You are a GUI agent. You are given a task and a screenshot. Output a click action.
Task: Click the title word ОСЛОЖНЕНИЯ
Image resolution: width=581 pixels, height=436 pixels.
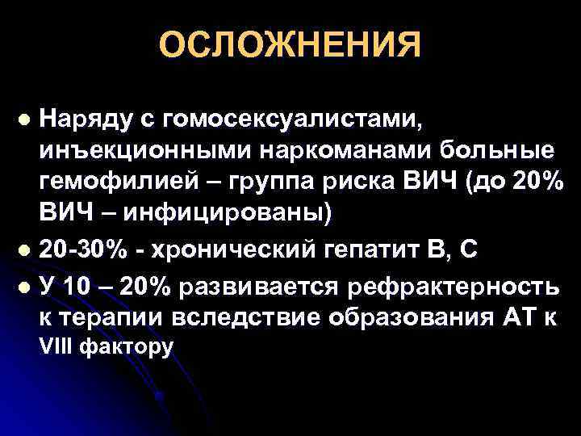(290, 46)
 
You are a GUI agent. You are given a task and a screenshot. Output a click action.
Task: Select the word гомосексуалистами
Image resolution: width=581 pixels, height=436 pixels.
(291, 120)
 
